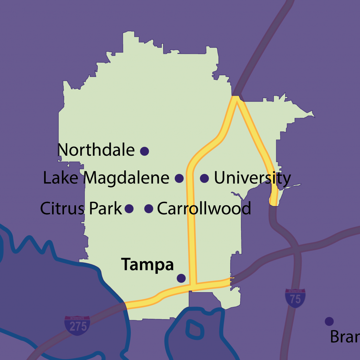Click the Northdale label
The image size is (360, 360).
[96, 150]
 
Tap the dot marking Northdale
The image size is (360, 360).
[144, 151]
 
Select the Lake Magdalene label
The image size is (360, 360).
[106, 178]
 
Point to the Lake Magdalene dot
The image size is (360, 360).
[179, 178]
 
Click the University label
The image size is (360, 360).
[252, 178]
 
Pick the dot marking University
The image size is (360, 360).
[204, 178]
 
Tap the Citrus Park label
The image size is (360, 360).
[81, 208]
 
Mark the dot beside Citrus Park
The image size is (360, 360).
[129, 209]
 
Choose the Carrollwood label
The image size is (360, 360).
[204, 209]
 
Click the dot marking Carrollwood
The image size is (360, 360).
[149, 209]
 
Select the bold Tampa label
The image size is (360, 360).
[148, 265]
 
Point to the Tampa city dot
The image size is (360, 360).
[181, 278]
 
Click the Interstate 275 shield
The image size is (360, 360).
[77, 325]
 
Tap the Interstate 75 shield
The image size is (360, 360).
[295, 298]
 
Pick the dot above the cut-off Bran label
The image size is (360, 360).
[329, 321]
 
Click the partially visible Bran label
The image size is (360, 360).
[345, 337]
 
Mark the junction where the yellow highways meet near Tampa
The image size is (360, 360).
[193, 285]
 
